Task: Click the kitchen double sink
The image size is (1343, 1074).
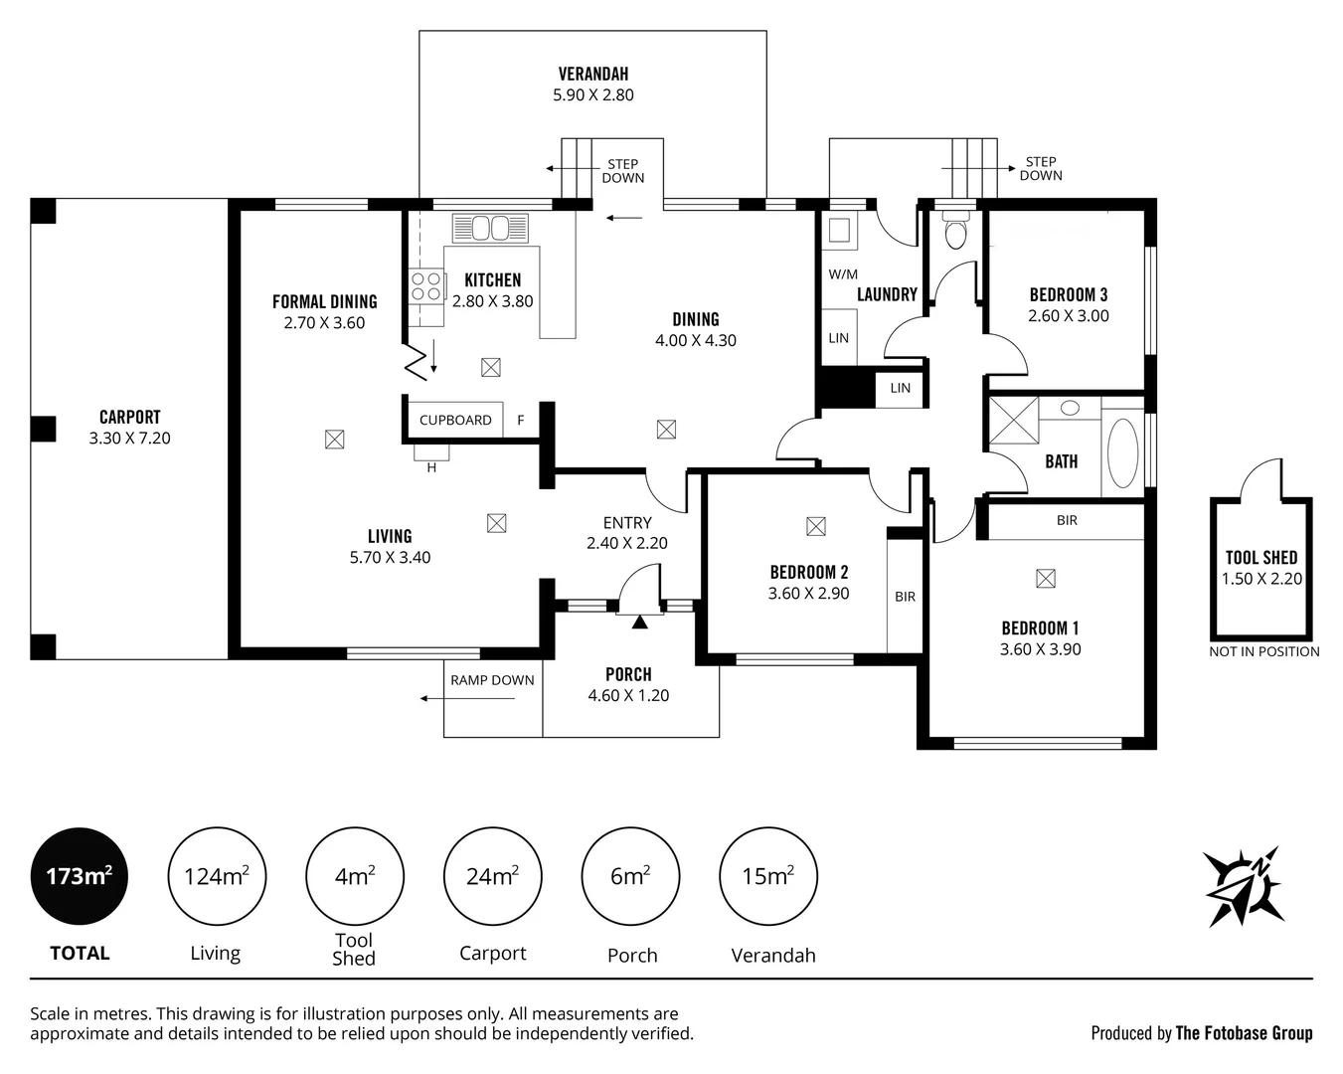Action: coord(490,228)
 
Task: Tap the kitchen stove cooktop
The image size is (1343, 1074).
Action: coord(426,286)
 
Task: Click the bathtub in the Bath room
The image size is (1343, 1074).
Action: coord(1122,452)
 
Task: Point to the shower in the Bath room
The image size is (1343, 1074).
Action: coord(1014,421)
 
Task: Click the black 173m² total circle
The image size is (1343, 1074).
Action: coord(80,876)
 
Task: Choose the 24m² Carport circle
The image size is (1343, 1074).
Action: coord(492,876)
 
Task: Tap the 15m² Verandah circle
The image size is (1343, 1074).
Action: coord(768,876)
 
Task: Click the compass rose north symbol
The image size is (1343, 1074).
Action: coord(1244,887)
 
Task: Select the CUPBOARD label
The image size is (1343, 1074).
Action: coord(455,421)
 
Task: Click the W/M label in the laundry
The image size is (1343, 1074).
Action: coord(843,274)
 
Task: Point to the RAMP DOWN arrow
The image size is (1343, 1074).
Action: coord(467,698)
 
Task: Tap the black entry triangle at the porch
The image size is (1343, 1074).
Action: coord(639,622)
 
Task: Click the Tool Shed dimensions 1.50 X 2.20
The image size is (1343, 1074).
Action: coord(1261,579)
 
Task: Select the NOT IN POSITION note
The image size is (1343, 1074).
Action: coord(1264,652)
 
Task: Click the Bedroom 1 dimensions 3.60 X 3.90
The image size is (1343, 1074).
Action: coord(1041,649)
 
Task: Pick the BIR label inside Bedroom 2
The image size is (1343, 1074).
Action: coord(905,597)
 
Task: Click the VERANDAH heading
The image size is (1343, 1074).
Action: coord(593,75)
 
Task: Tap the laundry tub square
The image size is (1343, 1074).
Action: coord(839,231)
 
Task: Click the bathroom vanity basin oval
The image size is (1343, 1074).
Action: coord(1071,409)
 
